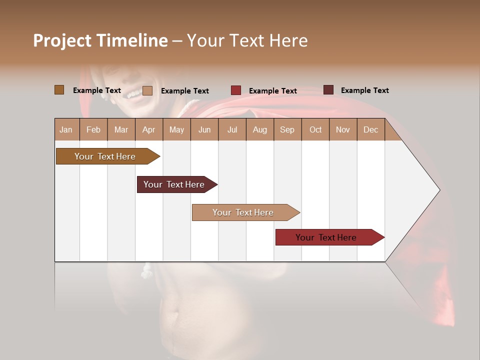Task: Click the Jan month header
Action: [x=66, y=129]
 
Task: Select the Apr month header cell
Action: [x=149, y=129]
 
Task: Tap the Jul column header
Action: [x=232, y=129]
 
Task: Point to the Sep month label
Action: [x=287, y=129]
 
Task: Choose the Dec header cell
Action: [x=370, y=129]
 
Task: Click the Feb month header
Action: [x=93, y=129]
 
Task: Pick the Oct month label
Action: [x=315, y=129]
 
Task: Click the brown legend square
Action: [x=59, y=90]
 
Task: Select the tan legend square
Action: [x=147, y=90]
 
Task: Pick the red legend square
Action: [x=236, y=90]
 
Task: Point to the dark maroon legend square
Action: [x=328, y=90]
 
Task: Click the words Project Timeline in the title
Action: [x=100, y=40]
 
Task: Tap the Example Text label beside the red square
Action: [x=273, y=90]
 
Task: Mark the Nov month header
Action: [x=343, y=129]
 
